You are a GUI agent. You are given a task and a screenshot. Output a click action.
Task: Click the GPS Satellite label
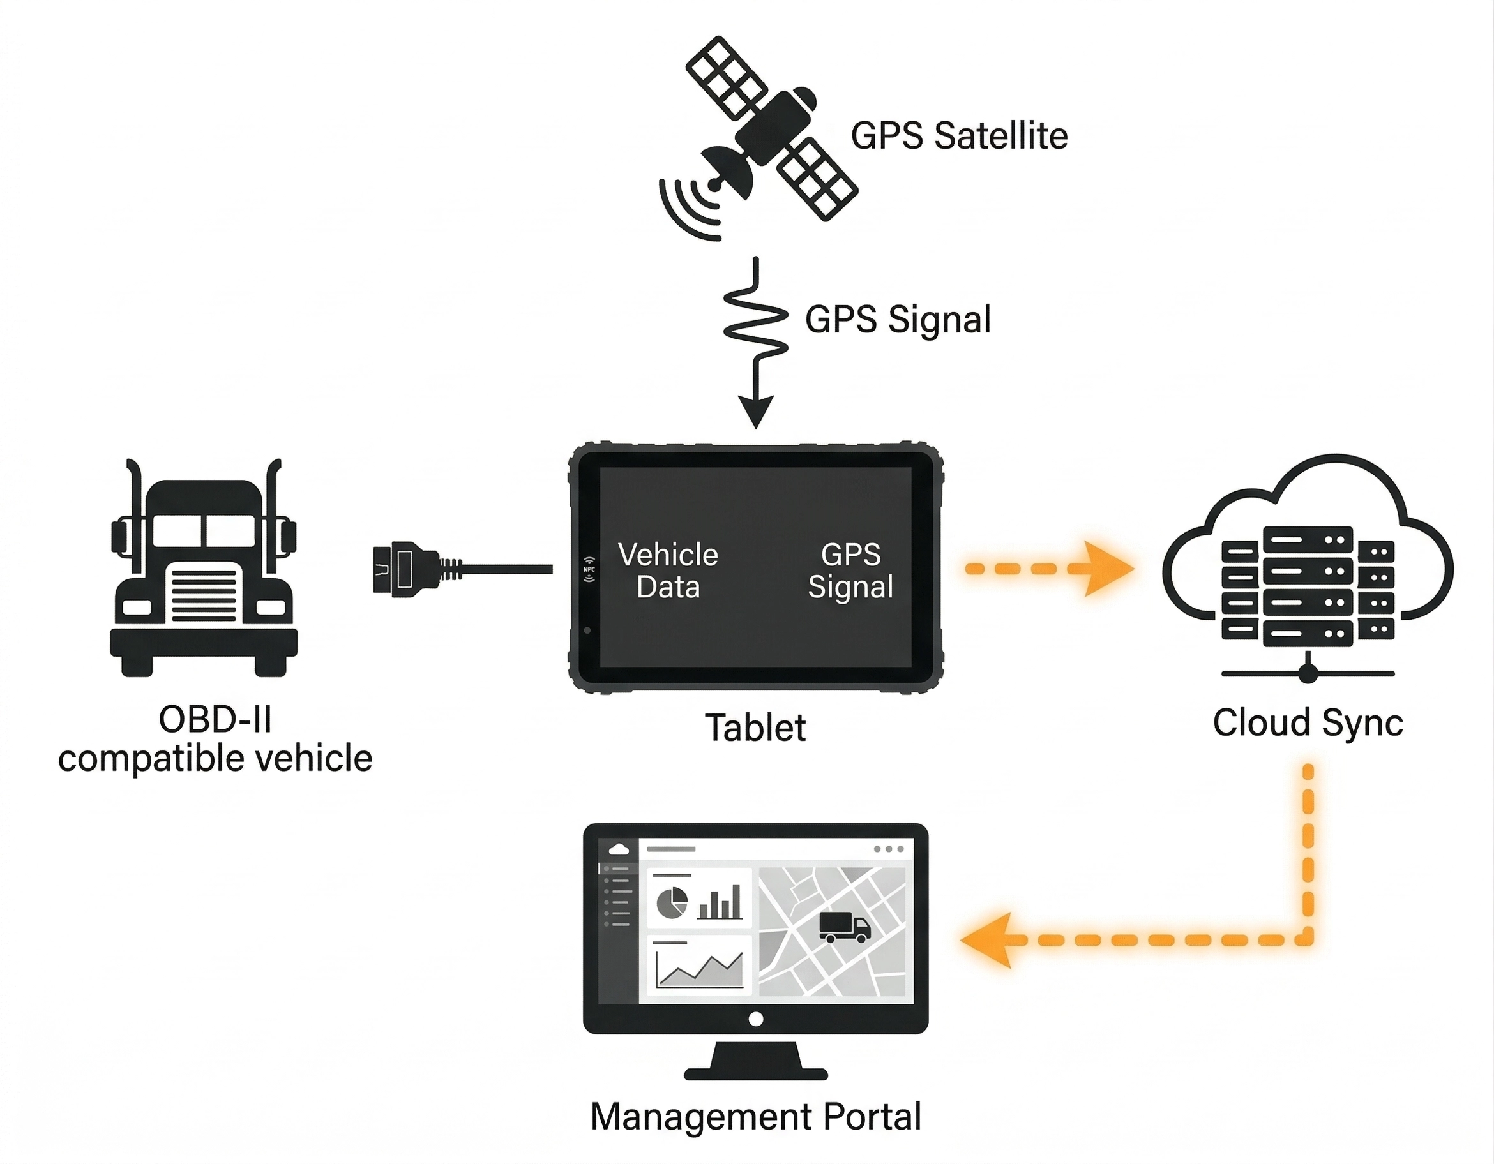[x=958, y=135]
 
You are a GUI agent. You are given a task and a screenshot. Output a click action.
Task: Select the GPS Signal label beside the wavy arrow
[x=898, y=319]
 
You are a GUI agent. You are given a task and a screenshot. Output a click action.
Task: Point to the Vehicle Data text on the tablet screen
[x=668, y=571]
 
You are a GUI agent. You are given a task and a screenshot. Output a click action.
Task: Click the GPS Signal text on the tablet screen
[x=850, y=571]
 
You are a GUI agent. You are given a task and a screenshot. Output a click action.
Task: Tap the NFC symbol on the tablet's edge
[x=589, y=569]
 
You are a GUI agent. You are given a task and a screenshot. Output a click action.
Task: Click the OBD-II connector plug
[x=404, y=569]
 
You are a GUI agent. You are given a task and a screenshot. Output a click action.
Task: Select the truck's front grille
[x=204, y=592]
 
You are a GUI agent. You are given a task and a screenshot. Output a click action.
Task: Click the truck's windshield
[x=204, y=531]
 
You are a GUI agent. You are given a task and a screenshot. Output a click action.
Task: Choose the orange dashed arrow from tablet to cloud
[x=1046, y=569]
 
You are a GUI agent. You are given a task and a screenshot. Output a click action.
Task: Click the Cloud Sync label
[x=1308, y=723]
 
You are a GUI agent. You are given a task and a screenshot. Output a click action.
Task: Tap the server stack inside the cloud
[x=1308, y=586]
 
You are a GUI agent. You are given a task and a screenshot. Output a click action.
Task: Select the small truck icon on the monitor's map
[x=844, y=927]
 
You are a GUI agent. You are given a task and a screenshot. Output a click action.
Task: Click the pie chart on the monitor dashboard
[x=672, y=903]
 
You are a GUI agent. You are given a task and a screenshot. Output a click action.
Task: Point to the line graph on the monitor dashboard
[x=698, y=970]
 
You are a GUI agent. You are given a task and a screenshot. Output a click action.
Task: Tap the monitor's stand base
[x=755, y=1071]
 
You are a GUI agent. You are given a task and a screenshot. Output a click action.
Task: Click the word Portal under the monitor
[x=872, y=1117]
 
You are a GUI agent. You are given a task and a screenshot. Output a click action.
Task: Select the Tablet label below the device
[x=755, y=727]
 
